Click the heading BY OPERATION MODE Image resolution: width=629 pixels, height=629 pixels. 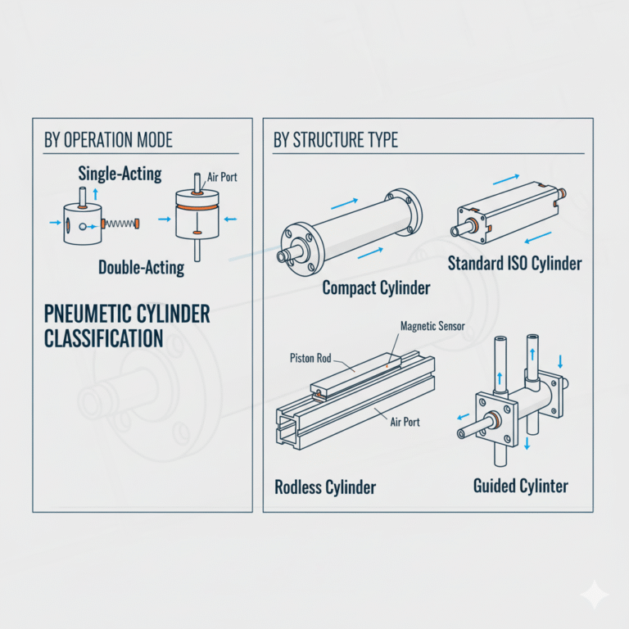click(x=108, y=140)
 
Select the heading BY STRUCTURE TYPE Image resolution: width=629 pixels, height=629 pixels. click(x=336, y=140)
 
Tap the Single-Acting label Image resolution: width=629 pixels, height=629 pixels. click(x=120, y=174)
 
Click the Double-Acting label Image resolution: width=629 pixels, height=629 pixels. click(x=141, y=268)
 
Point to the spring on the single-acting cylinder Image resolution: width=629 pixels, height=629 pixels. click(x=120, y=223)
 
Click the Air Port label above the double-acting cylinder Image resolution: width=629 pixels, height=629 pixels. click(x=222, y=177)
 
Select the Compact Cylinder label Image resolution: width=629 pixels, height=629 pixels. click(x=376, y=288)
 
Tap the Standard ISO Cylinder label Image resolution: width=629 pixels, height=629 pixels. click(x=514, y=264)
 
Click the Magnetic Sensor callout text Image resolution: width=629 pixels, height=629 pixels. click(x=432, y=326)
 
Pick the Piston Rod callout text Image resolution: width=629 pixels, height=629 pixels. click(x=310, y=358)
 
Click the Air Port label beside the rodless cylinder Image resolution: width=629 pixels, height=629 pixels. click(x=405, y=422)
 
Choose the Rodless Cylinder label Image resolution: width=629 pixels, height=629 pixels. click(x=325, y=487)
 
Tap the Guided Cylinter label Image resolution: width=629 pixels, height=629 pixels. click(x=521, y=486)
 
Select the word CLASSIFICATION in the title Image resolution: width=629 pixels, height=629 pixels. click(x=103, y=338)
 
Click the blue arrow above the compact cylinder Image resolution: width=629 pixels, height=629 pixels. click(x=344, y=204)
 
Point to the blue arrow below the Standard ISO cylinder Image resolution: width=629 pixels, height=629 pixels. click(x=538, y=238)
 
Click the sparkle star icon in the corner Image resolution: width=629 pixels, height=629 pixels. click(x=595, y=595)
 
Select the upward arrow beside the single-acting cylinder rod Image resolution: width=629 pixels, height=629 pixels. click(x=96, y=194)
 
